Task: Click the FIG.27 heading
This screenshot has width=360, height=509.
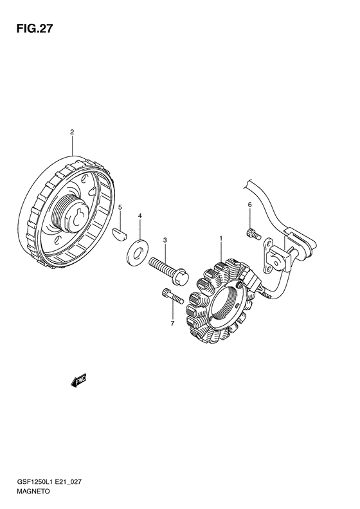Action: pyautogui.click(x=34, y=28)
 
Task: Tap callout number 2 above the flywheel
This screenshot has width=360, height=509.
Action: pyautogui.click(x=72, y=132)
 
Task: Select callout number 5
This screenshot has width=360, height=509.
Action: pyautogui.click(x=120, y=207)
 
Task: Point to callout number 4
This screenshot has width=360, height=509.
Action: pyautogui.click(x=139, y=215)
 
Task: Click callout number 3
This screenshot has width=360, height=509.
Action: pyautogui.click(x=165, y=240)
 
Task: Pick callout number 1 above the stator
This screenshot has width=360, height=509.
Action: pyautogui.click(x=221, y=239)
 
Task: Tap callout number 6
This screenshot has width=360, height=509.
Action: pyautogui.click(x=249, y=205)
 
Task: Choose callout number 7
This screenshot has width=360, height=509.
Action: pyautogui.click(x=172, y=323)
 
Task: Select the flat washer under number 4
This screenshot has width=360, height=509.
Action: pyautogui.click(x=137, y=250)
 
